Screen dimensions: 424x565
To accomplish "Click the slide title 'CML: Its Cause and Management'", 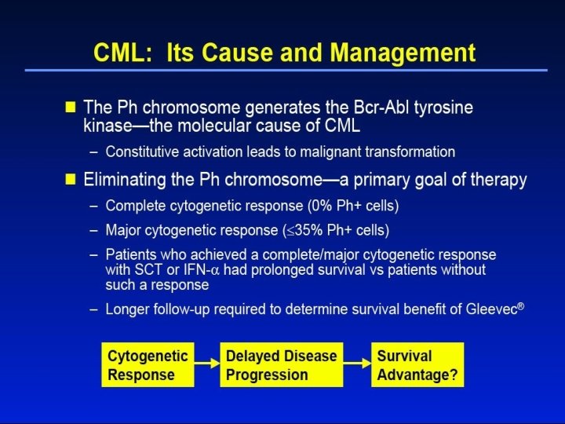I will [x=284, y=53].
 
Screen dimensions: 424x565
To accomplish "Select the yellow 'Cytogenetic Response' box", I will [x=148, y=364].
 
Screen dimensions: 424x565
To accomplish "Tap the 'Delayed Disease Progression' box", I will [x=282, y=364].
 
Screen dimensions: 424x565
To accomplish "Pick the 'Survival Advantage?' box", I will [x=416, y=364].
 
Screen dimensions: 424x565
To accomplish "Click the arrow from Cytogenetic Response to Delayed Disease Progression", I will [x=207, y=364].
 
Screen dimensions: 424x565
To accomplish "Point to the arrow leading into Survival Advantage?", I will [x=356, y=364].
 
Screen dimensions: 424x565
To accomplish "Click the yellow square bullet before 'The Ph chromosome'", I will [x=71, y=107].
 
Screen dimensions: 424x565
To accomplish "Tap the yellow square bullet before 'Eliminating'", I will [x=71, y=180].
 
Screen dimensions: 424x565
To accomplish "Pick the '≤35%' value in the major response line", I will [x=298, y=231].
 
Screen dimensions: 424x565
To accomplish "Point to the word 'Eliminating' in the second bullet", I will [x=128, y=180].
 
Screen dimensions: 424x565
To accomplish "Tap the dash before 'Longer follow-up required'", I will [x=94, y=309].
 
